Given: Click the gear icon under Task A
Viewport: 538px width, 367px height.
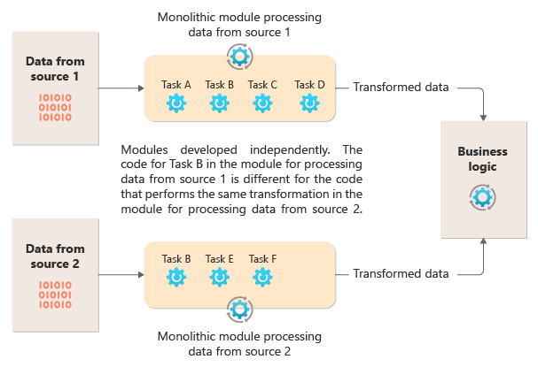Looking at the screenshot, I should (176, 104).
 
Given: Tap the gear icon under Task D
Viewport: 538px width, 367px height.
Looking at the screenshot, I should (309, 104).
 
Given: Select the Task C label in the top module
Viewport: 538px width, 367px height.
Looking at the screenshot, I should (262, 85).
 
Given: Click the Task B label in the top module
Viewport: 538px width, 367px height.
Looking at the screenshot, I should (219, 85).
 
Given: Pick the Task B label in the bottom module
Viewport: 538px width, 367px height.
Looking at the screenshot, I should (176, 259).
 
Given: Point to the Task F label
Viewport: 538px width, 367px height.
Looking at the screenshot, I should (262, 259).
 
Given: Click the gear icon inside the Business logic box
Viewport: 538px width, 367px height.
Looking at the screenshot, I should (483, 196).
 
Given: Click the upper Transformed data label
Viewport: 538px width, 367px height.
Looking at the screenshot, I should (401, 87).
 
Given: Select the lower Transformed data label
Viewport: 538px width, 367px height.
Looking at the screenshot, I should (401, 273).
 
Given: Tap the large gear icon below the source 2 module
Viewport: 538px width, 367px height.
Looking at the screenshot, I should (239, 310).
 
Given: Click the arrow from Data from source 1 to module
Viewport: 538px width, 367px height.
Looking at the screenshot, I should (121, 88).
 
